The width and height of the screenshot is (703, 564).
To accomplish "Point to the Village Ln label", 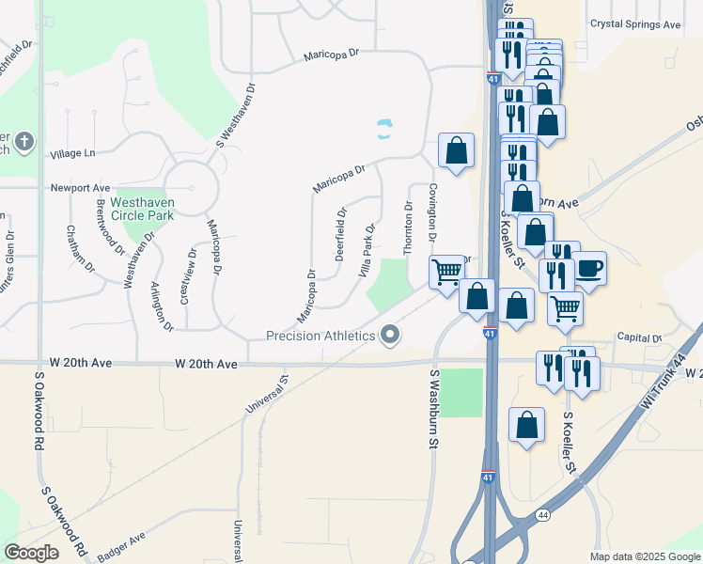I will [73, 153].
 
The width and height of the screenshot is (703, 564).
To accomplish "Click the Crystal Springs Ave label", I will [634, 24].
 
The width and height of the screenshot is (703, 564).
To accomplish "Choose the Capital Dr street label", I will [639, 337].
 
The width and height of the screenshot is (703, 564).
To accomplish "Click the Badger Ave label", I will [121, 547].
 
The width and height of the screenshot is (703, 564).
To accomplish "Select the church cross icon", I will [24, 143].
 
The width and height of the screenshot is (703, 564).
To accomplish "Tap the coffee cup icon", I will [589, 267].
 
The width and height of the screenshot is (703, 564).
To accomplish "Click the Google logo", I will [31, 552].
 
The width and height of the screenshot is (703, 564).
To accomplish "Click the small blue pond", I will [384, 129].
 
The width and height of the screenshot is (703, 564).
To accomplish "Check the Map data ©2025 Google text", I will [645, 556].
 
